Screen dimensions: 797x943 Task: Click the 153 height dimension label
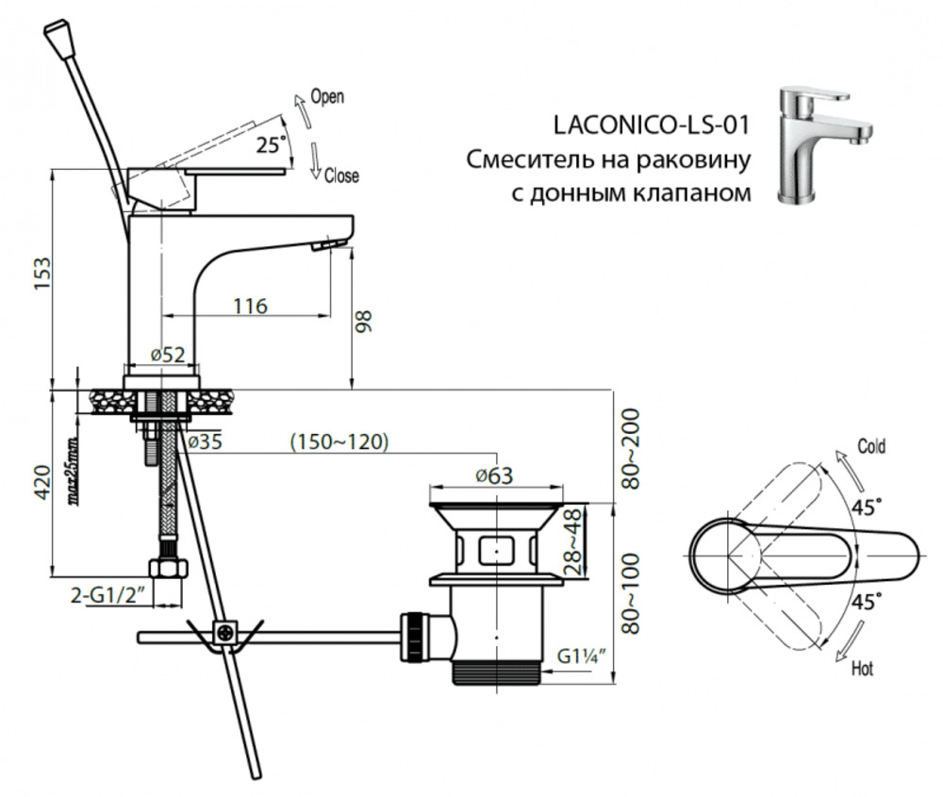pos(41,274)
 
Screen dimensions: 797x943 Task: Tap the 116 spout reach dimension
pos(251,306)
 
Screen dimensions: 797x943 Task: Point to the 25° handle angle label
pos(270,143)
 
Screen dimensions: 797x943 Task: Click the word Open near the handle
pos(327,96)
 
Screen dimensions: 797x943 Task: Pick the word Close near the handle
pos(340,176)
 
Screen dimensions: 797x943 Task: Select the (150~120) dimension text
pos(339,441)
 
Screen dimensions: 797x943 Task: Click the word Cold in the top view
pos(870,446)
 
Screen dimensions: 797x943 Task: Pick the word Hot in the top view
pos(861,669)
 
